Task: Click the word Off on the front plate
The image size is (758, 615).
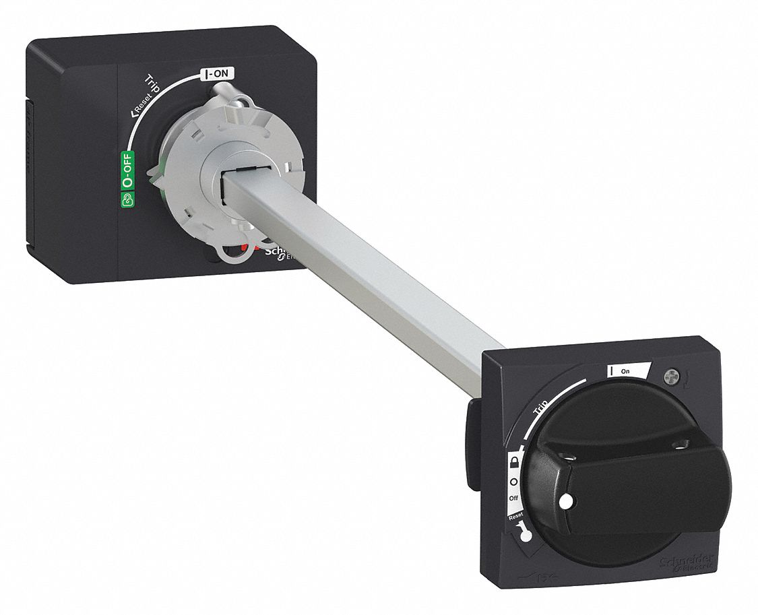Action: (x=513, y=498)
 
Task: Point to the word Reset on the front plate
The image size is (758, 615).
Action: (x=515, y=515)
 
